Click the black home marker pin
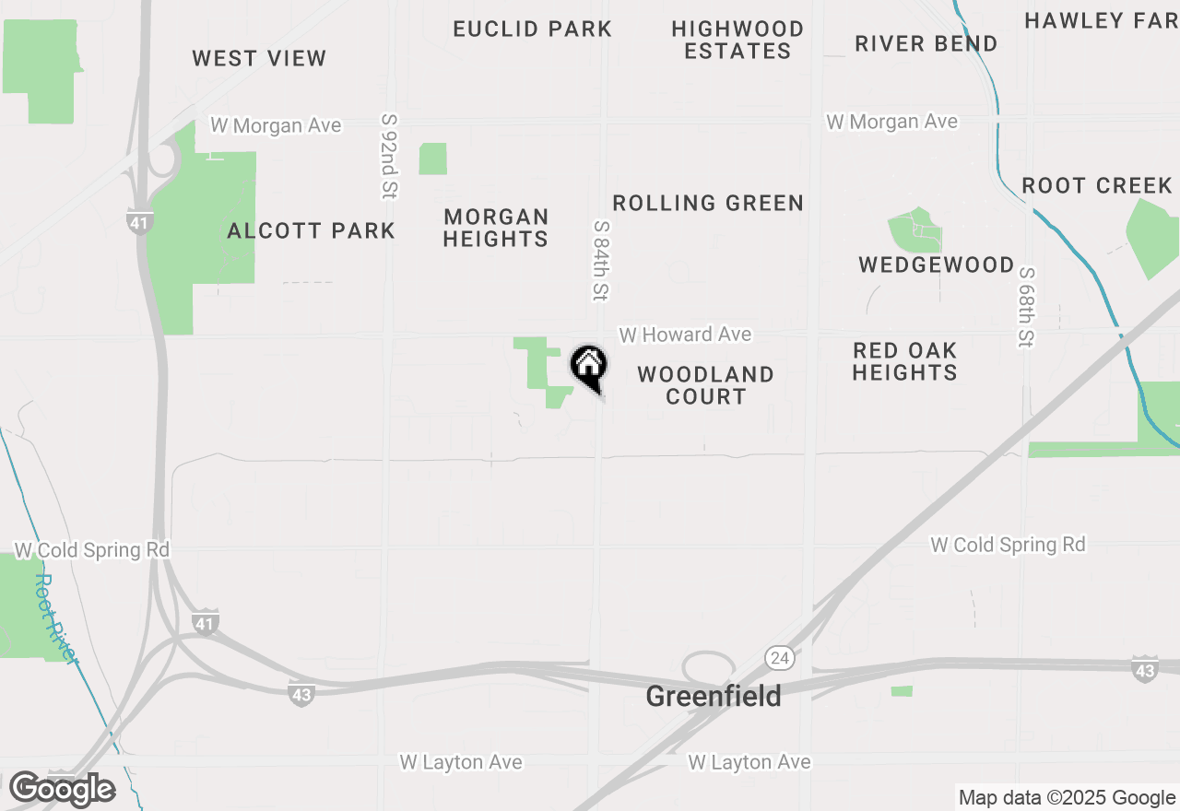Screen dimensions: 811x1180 click(588, 366)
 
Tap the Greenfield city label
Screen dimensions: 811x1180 click(713, 696)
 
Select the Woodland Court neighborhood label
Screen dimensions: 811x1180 click(705, 385)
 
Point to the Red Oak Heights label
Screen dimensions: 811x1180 click(904, 361)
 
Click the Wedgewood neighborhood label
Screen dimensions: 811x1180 click(936, 265)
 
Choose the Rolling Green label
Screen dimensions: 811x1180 click(708, 203)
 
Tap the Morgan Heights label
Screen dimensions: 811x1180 click(496, 228)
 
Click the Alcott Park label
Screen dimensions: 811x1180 click(311, 230)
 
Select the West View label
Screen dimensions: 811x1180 click(259, 59)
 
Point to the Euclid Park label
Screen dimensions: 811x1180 click(532, 29)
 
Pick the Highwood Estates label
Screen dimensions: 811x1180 click(737, 41)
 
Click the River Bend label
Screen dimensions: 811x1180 click(926, 44)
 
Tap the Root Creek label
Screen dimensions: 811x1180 click(1096, 186)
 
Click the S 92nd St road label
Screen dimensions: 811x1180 click(389, 156)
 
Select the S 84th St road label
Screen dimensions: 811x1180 click(601, 260)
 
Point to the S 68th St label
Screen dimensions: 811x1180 click(1025, 308)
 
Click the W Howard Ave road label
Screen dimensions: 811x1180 click(685, 335)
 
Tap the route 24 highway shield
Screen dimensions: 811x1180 click(779, 657)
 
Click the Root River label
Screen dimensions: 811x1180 click(57, 617)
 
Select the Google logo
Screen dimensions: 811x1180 click(62, 790)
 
